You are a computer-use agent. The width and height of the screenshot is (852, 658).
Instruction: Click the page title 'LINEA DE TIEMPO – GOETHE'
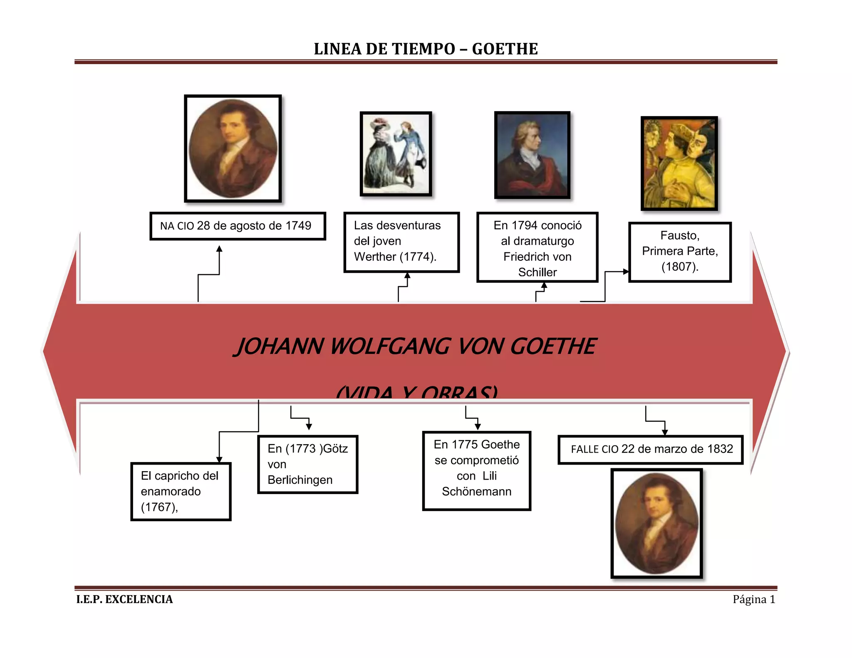426,49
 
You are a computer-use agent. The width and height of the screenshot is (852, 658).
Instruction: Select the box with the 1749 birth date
237,226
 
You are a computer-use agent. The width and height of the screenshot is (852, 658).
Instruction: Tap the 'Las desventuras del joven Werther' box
401,242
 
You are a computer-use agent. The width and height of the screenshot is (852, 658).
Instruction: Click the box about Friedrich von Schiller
537,247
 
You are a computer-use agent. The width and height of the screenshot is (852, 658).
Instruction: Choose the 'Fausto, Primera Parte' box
680,252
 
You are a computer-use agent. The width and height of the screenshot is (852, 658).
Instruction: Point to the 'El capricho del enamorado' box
181,491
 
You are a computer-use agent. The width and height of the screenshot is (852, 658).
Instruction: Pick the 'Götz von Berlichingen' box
307,464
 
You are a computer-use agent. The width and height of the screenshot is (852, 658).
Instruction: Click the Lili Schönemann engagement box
476,470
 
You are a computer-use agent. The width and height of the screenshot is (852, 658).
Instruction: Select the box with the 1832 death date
651,449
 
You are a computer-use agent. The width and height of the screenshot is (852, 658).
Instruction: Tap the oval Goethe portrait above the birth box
233,148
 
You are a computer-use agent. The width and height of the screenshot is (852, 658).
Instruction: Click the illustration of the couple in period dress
396,153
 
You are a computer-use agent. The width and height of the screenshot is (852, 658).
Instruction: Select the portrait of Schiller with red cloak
532,155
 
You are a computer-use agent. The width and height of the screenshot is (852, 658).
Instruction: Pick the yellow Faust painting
679,163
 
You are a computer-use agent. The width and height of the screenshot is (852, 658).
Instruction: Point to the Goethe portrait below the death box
656,523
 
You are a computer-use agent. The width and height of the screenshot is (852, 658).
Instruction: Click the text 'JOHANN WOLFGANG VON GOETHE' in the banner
416,346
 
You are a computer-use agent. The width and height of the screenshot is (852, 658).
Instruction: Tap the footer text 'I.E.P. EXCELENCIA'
124,599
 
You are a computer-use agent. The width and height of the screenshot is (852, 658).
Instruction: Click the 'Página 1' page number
754,599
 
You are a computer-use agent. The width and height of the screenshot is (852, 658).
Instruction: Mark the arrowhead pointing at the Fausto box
626,272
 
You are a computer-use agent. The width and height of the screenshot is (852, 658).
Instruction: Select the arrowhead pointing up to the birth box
219,249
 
